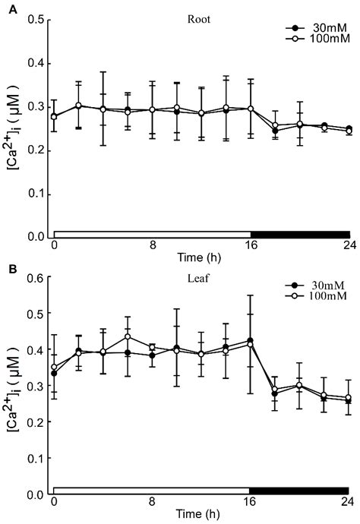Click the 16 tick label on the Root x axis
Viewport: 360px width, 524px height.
(x=251, y=246)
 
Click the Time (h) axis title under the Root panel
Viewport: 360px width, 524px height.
(x=201, y=256)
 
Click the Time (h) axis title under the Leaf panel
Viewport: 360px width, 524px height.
(x=201, y=514)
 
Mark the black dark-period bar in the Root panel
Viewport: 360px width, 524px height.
(x=300, y=233)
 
